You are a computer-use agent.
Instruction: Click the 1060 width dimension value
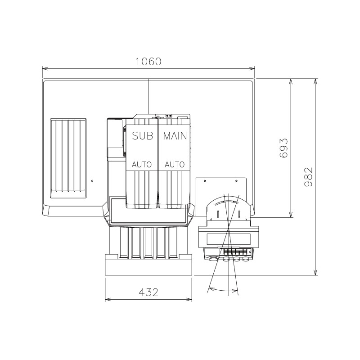point(148,62)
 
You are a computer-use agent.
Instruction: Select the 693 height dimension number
point(283,148)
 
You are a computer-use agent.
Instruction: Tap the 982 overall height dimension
point(308,176)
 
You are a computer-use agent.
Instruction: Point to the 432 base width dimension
point(148,292)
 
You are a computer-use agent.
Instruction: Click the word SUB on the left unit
point(142,136)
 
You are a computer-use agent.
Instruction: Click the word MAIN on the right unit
point(175,136)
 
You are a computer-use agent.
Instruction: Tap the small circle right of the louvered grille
point(92,181)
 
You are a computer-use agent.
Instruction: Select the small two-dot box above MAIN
point(169,115)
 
